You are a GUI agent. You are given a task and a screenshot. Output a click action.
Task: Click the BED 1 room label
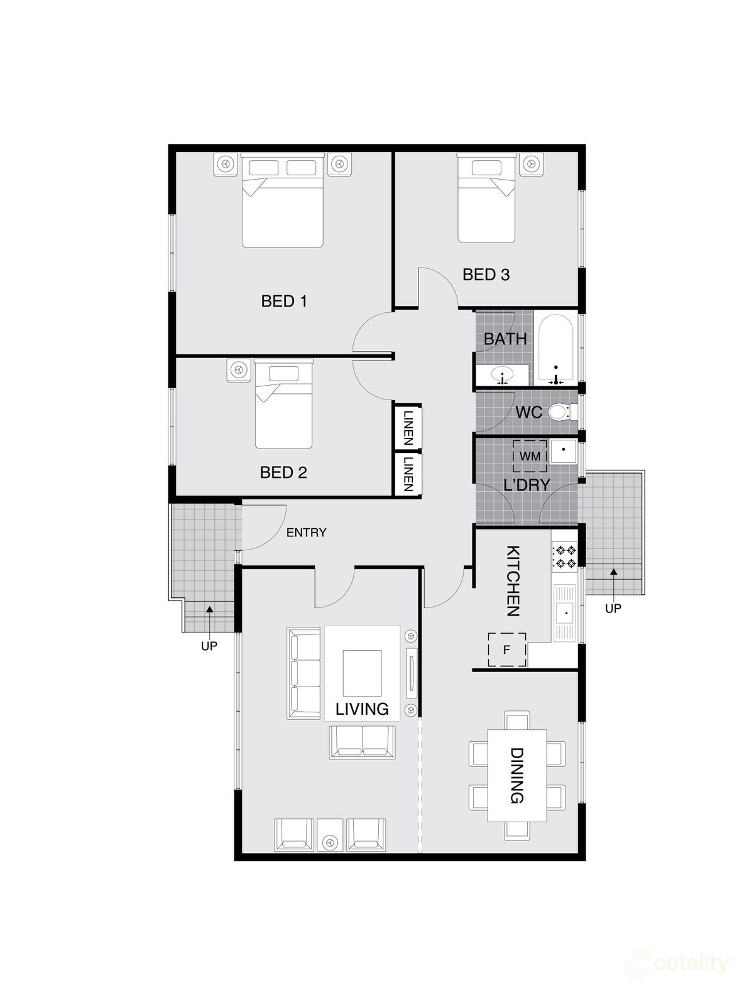(284, 301)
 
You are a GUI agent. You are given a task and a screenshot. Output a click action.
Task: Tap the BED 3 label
(486, 274)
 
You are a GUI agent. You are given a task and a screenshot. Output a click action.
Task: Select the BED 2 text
(283, 472)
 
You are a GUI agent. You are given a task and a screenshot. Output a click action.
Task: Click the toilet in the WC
(559, 413)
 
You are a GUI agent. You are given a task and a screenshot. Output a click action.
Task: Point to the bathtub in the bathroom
(555, 349)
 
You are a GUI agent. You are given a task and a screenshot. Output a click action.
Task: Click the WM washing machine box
(530, 456)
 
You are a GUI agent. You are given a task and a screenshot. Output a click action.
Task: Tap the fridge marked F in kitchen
(507, 649)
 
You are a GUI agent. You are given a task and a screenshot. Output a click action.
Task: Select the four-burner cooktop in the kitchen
(564, 557)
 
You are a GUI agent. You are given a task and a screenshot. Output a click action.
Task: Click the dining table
(517, 775)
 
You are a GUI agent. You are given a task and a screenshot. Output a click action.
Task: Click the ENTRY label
(306, 533)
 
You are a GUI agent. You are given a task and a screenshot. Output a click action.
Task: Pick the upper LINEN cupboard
(408, 428)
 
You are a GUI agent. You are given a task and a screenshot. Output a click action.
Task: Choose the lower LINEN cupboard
(408, 474)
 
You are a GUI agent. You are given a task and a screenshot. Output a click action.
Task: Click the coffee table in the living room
(362, 670)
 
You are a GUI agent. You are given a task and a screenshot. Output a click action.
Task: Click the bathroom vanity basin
(502, 376)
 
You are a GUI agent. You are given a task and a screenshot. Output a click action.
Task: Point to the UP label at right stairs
(613, 608)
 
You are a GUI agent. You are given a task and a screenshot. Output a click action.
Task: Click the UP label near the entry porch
(209, 645)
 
